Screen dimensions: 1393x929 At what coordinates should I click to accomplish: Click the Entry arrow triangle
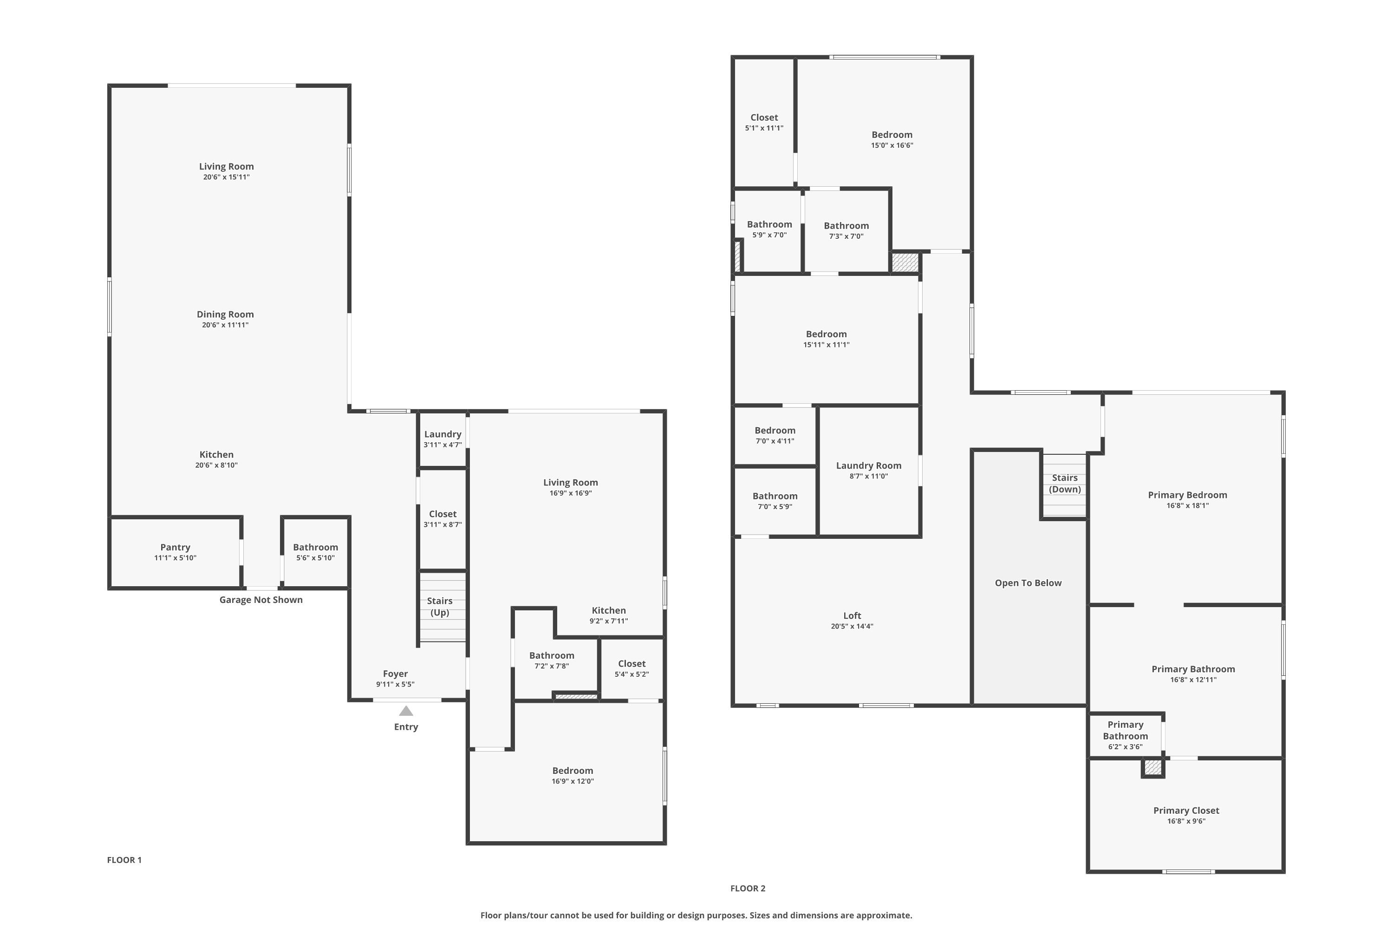click(x=406, y=711)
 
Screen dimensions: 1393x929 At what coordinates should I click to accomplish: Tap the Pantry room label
click(x=176, y=548)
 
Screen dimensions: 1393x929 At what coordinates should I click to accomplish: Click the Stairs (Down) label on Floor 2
click(x=1065, y=484)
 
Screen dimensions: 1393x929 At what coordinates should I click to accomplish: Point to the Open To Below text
click(x=1028, y=583)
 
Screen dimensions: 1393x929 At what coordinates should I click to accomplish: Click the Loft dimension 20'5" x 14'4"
click(x=852, y=626)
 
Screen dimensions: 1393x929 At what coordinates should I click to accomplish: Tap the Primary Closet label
click(x=1186, y=811)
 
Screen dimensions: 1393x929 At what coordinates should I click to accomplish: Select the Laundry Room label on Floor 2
click(x=869, y=466)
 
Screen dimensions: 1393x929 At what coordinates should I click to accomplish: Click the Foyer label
click(x=395, y=674)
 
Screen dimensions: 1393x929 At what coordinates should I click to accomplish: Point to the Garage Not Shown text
click(x=261, y=600)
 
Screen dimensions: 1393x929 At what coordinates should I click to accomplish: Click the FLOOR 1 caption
click(x=124, y=860)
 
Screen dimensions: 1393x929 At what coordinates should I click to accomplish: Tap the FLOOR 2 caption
click(x=748, y=888)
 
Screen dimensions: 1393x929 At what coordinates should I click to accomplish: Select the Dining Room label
click(x=225, y=314)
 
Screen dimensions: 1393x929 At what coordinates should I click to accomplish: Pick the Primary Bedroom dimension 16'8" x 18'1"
click(x=1187, y=506)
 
